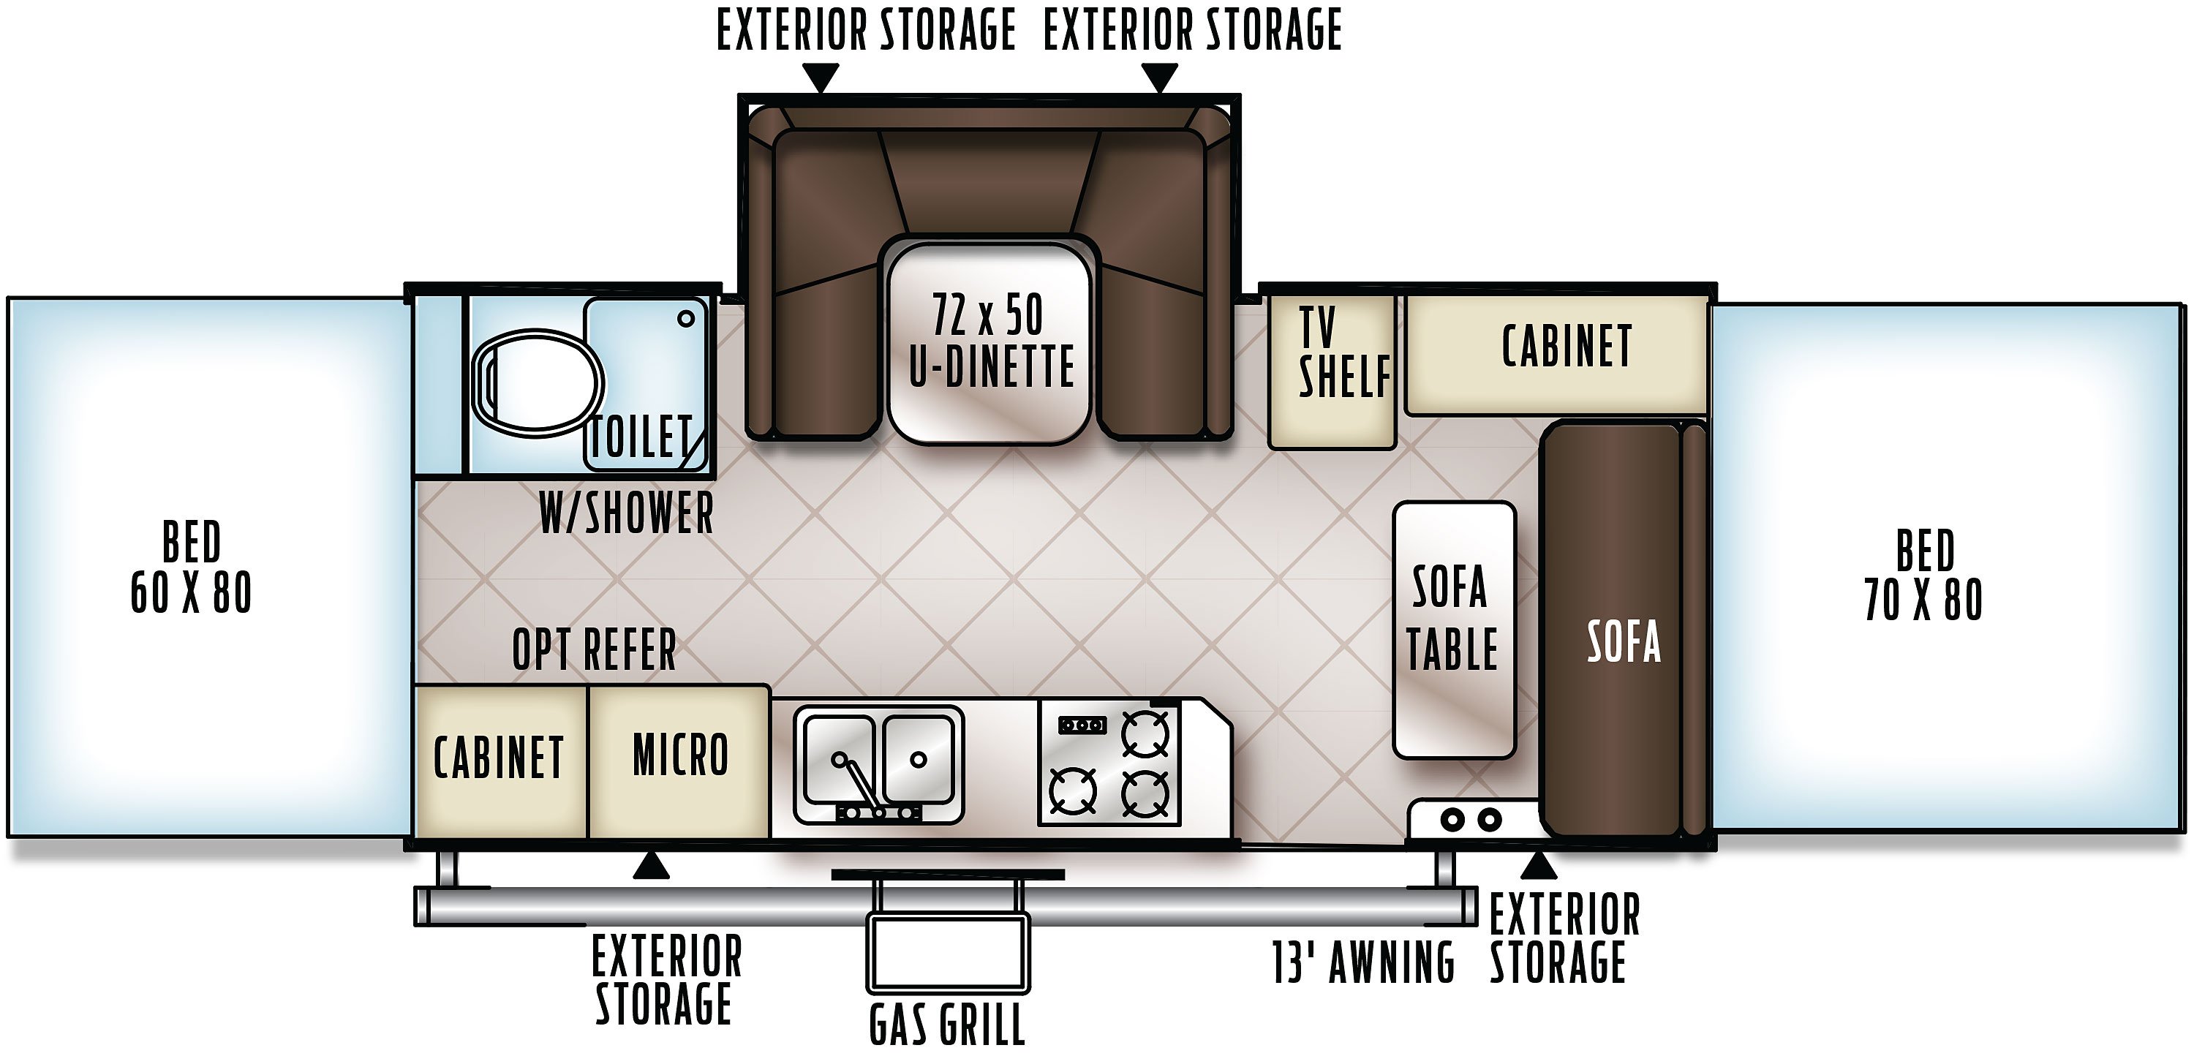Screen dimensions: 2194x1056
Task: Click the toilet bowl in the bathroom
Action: point(538,384)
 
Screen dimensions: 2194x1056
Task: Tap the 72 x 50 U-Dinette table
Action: point(989,343)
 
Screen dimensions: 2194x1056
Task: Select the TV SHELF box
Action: point(1332,372)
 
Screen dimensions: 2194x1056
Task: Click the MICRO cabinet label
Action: point(681,755)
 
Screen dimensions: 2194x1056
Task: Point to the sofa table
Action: point(1455,630)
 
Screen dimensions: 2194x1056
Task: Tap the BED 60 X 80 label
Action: point(191,567)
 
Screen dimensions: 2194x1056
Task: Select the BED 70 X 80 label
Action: point(1924,575)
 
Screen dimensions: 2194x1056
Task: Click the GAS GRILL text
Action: point(946,1025)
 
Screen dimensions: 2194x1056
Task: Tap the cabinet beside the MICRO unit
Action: point(501,761)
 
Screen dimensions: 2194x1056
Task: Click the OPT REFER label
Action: point(595,650)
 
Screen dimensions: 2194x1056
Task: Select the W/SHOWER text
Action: point(626,513)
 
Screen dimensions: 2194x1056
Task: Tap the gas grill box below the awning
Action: point(948,954)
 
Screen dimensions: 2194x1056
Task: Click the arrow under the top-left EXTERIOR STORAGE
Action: point(821,78)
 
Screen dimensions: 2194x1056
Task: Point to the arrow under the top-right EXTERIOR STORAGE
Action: point(1159,78)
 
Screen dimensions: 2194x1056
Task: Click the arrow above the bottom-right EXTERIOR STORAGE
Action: point(1538,865)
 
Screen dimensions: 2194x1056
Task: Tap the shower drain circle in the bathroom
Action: point(686,320)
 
